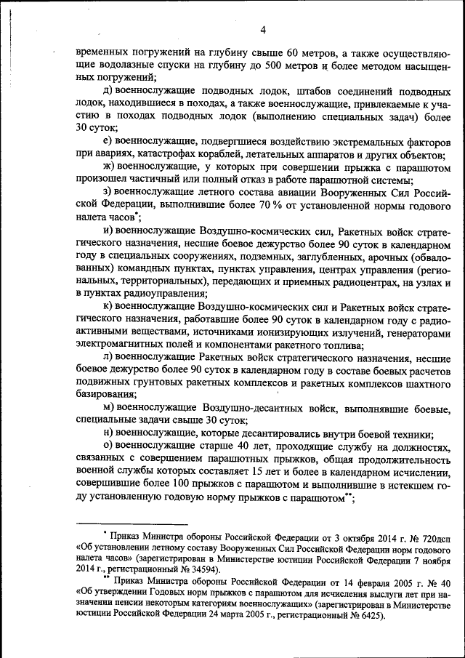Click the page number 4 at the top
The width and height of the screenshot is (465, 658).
[263, 29]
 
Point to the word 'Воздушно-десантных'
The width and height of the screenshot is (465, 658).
[251, 408]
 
